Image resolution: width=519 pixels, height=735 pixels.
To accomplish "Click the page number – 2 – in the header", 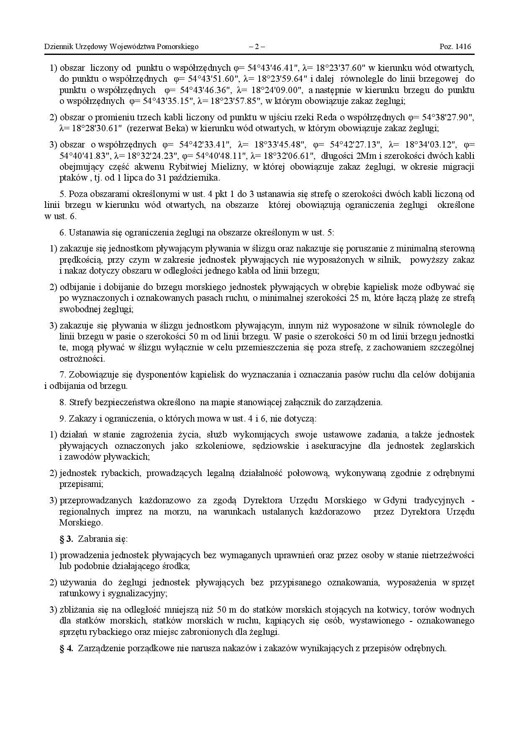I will coord(257,47).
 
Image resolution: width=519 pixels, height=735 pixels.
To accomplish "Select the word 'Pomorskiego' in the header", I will coord(178,47).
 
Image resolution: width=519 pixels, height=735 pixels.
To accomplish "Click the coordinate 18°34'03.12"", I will coord(430,145).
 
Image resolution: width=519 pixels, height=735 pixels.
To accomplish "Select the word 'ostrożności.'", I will coord(82,358).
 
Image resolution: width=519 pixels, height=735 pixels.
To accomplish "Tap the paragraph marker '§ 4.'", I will coord(66,648).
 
